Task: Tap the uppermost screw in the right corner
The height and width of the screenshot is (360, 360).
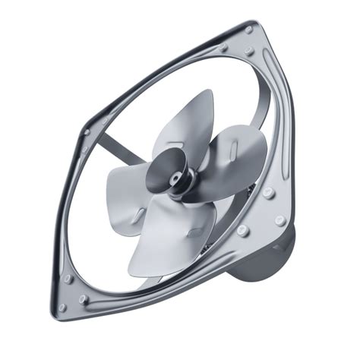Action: click(269, 194)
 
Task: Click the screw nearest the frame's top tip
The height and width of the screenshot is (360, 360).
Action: click(248, 30)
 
